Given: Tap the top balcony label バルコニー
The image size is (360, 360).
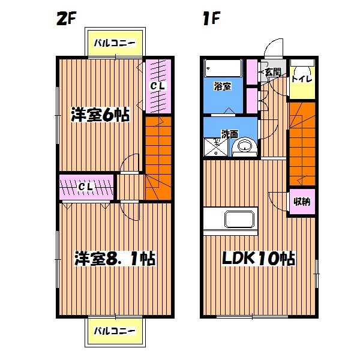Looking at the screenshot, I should pos(115,43).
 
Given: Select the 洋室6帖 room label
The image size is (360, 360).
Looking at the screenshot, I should pos(100,115).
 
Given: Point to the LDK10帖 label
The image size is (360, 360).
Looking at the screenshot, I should pos(258,259).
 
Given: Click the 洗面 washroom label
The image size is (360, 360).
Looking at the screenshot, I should pos(229,133).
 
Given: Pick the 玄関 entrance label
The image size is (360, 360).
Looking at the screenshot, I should pos(272,72).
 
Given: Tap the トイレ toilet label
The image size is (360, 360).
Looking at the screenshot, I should pos(301,78).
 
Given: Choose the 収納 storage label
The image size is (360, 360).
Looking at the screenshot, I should pos(302,202).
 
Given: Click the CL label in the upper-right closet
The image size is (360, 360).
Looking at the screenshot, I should pos(158,86).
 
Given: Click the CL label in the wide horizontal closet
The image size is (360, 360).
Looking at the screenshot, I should pos(86,187).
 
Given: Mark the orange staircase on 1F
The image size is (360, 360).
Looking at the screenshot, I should pos(302,142).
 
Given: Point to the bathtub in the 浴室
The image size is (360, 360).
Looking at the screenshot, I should pos(223,68).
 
